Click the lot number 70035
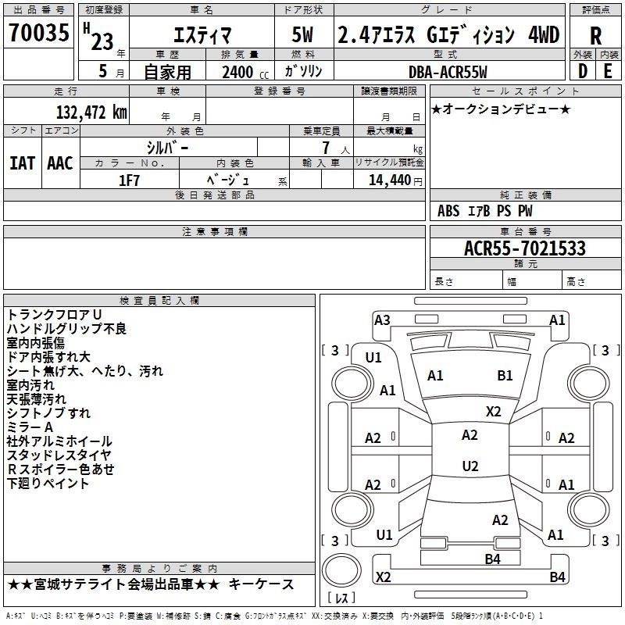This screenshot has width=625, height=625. coord(39,32)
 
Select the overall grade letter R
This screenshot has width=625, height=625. coord(595,36)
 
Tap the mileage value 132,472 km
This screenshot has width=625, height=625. coord(91,112)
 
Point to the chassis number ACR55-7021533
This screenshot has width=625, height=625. coord(525,248)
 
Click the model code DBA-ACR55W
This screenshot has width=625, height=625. coord(448,72)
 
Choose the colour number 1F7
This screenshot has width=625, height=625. coord(129,180)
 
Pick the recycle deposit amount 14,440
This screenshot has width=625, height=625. coord(390,180)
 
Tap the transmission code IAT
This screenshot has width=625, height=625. coord(23,163)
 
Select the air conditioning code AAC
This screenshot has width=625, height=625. coord(60,163)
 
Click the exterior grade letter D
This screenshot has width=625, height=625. coord(583,71)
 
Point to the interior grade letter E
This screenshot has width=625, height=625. coord(608,71)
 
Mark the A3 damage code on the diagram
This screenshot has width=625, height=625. coord(382,320)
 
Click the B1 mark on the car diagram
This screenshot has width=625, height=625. coord(505,375)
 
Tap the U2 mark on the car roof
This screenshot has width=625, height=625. coord(470,466)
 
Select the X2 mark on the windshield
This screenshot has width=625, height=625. coord(493,412)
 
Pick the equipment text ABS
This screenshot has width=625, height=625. coord(448,211)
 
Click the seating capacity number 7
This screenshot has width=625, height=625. coord(326,148)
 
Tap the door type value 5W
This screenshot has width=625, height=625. coord(302,34)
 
